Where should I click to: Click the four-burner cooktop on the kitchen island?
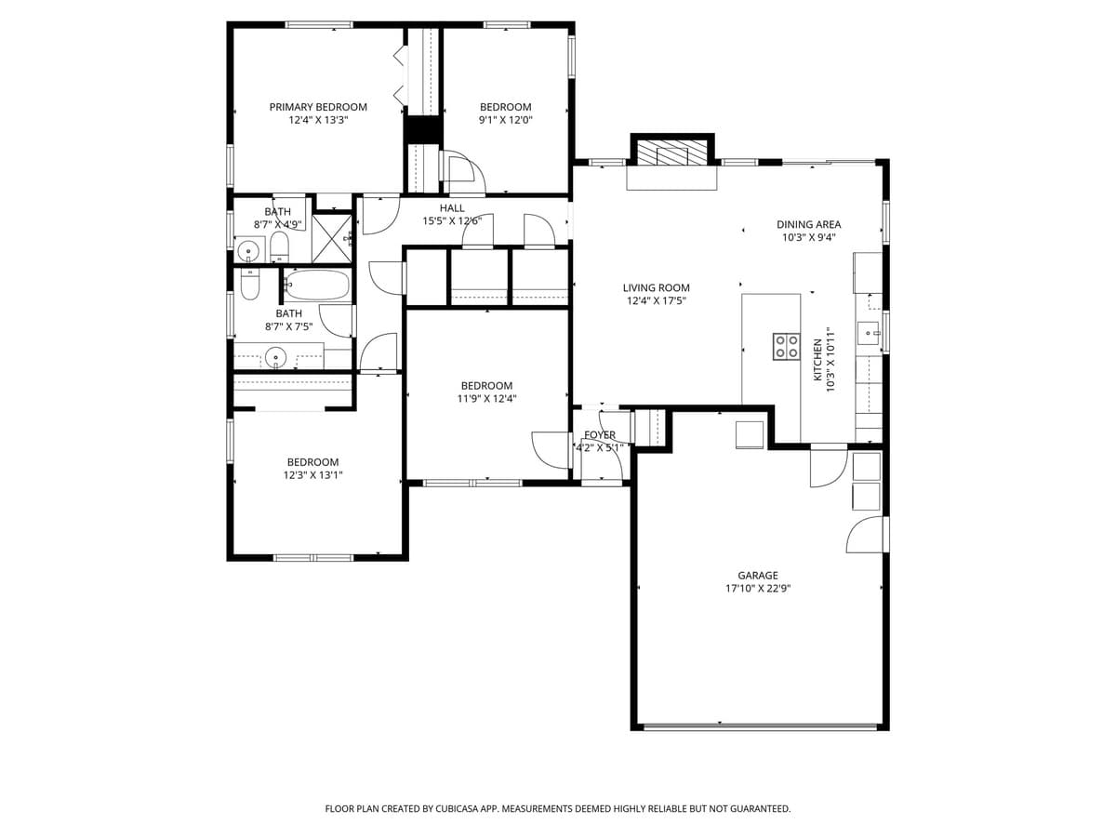coord(787,346)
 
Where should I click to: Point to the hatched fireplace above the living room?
coord(671,153)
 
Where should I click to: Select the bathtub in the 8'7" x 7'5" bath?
coord(316,285)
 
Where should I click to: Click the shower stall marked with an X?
coord(331,238)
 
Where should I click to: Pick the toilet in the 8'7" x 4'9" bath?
coord(279,248)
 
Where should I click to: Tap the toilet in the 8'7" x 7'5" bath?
coord(250,284)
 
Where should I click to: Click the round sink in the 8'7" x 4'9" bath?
coord(248,251)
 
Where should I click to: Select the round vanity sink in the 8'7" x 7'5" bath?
coord(275,356)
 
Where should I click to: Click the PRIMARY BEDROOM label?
coord(318,107)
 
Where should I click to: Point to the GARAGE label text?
coord(758,576)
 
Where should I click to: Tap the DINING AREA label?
coord(808,224)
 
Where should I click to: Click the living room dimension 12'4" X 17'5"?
coord(656,300)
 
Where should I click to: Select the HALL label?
coord(452,208)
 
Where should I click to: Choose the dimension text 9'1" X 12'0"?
coord(505,120)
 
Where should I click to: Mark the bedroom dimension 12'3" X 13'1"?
coord(312,475)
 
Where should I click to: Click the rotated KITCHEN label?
coord(818,359)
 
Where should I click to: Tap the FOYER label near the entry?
coord(600,435)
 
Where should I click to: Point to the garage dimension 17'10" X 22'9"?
coord(758,589)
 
